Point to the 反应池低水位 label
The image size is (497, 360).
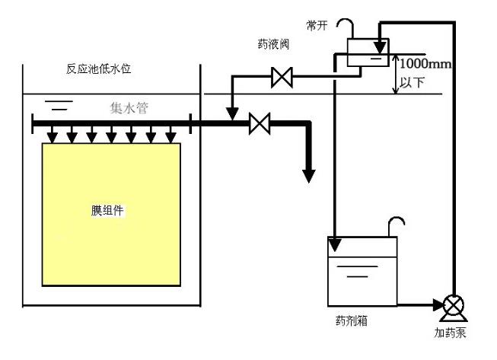[99, 69]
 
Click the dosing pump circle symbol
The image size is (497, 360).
[453, 305]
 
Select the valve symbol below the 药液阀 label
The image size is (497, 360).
[282, 75]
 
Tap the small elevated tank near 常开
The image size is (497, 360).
[365, 52]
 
